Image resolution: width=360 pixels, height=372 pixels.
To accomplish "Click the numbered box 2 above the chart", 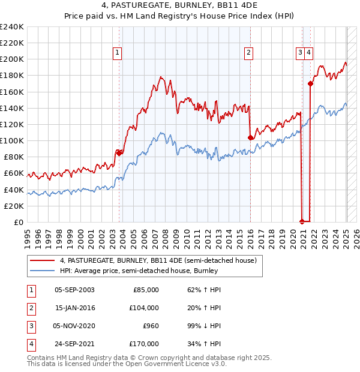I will pyautogui.click(x=248, y=53).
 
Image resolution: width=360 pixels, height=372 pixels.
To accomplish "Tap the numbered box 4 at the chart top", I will pyautogui.click(x=308, y=53).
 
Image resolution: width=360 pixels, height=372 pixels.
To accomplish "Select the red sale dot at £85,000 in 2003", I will pyautogui.click(x=119, y=152).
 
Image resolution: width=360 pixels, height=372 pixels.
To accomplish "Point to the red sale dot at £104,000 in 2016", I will pyautogui.click(x=250, y=137).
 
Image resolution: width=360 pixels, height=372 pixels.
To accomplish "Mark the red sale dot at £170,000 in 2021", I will pyautogui.click(x=310, y=83).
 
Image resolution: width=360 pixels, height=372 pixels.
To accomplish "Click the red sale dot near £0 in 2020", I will pyautogui.click(x=302, y=221).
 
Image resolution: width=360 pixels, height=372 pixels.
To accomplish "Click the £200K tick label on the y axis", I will pyautogui.click(x=12, y=59).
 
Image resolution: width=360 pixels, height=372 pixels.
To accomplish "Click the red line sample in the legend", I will pyautogui.click(x=43, y=260).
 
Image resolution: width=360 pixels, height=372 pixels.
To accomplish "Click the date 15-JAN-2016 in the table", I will pyautogui.click(x=74, y=308).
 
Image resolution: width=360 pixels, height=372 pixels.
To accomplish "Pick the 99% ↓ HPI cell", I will pyautogui.click(x=200, y=326).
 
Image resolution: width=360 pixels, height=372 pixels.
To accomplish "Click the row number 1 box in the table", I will pyautogui.click(x=30, y=290).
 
